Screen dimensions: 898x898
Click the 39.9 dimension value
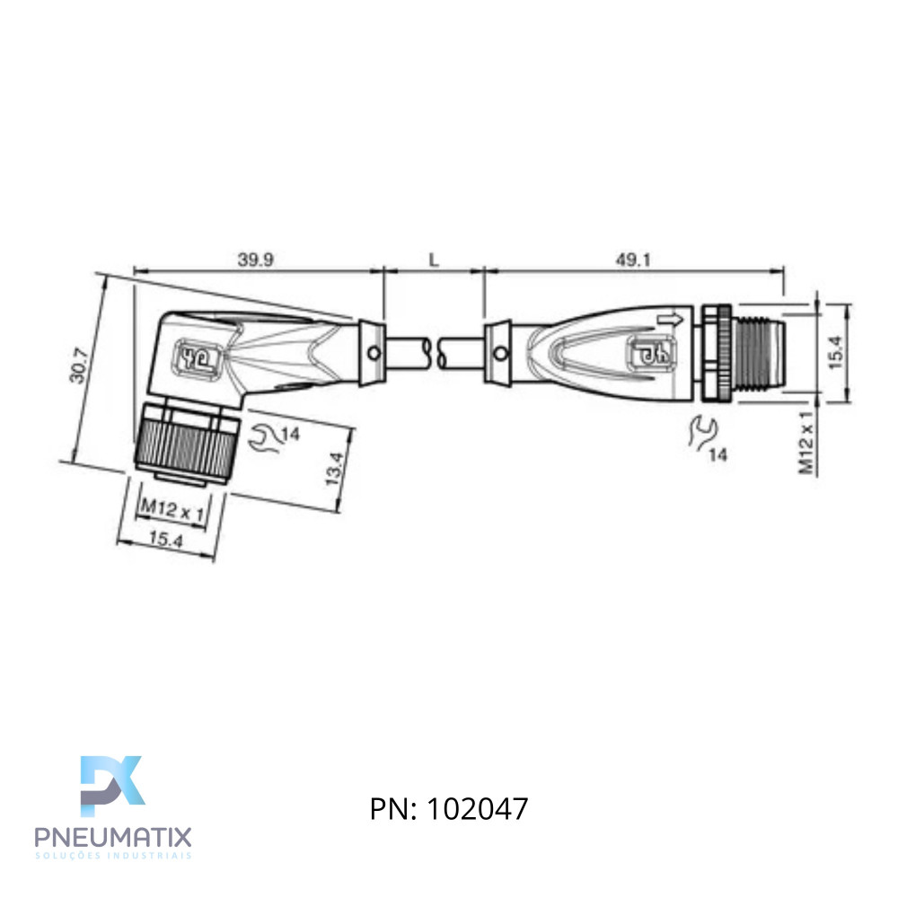click(255, 260)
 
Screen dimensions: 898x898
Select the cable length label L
click(434, 260)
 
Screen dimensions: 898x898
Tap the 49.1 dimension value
click(633, 260)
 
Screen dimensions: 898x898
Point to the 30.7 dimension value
click(78, 365)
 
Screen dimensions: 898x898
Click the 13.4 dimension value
click(334, 469)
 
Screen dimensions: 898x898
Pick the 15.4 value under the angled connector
click(165, 539)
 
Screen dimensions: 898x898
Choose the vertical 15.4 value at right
click(835, 352)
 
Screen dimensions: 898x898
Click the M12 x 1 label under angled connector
click(172, 509)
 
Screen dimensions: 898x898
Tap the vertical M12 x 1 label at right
click(806, 443)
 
